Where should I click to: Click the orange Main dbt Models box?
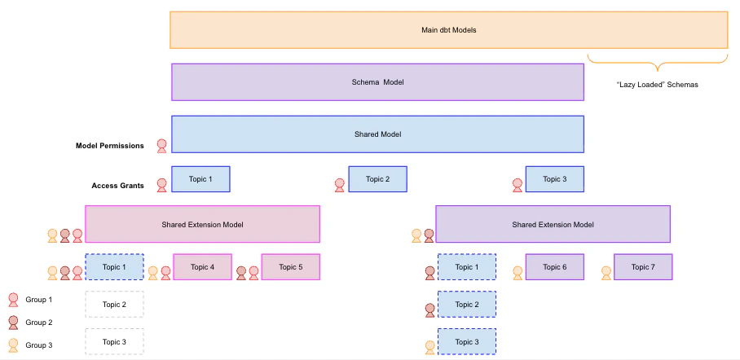coord(448,30)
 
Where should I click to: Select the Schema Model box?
coord(377,82)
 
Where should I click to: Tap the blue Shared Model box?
coord(377,134)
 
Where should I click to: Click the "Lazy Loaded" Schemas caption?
coord(658,85)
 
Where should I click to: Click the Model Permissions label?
coord(110,146)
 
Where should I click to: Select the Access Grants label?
coord(118,186)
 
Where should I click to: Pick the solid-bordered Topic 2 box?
coord(377,179)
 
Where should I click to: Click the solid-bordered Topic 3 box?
coord(554,179)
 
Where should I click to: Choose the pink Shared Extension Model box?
coord(202,224)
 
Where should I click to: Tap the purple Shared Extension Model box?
coord(553,224)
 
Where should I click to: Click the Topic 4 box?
coord(202,267)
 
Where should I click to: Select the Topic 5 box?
coord(290,267)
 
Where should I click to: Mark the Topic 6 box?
coord(554,267)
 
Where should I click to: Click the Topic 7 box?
coord(642,267)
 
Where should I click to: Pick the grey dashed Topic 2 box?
coord(114,305)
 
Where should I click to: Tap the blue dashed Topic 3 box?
coord(466,341)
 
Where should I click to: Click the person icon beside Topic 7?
coord(606,273)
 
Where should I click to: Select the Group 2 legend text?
coord(39,323)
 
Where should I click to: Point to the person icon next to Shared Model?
coord(161,146)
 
